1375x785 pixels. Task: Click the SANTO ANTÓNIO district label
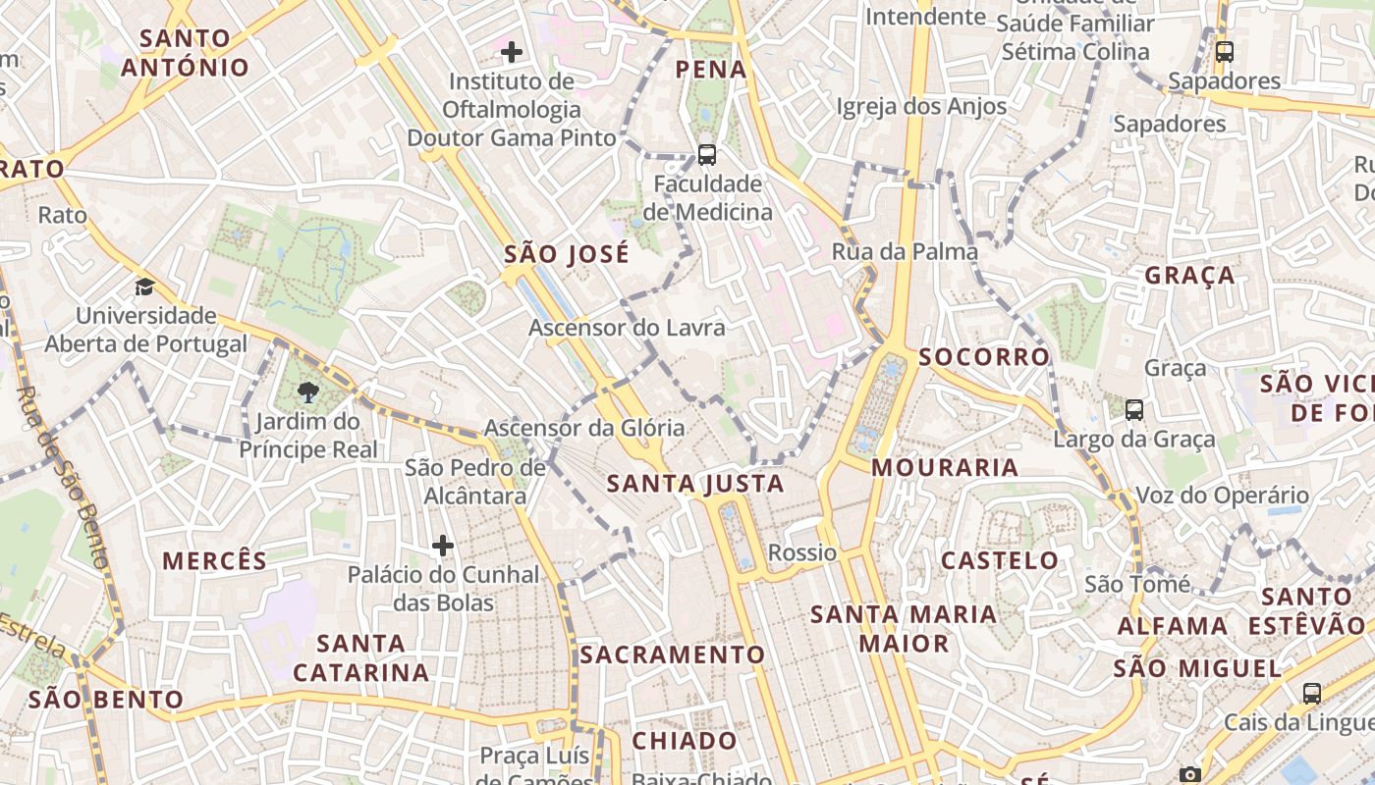185,53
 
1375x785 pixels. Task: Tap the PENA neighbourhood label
712,70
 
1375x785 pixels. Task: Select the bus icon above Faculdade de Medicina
706,154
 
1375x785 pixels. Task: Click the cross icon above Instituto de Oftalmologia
512,51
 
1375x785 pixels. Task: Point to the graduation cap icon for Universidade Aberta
145,287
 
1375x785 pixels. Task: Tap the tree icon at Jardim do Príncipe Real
307,392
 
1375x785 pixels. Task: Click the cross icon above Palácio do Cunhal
443,545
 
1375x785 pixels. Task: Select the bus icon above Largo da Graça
1134,409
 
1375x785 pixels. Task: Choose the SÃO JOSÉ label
567,255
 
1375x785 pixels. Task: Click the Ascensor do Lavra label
627,328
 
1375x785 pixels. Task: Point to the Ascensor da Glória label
584,428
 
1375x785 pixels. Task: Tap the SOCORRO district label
984,357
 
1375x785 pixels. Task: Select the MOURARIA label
945,468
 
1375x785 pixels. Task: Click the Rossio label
802,552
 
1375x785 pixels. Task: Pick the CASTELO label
1000,561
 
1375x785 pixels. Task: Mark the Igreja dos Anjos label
921,106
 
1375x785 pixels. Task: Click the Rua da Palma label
905,252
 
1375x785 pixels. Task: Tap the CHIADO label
685,741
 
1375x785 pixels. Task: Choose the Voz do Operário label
1222,496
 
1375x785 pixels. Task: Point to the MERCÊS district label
214,561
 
